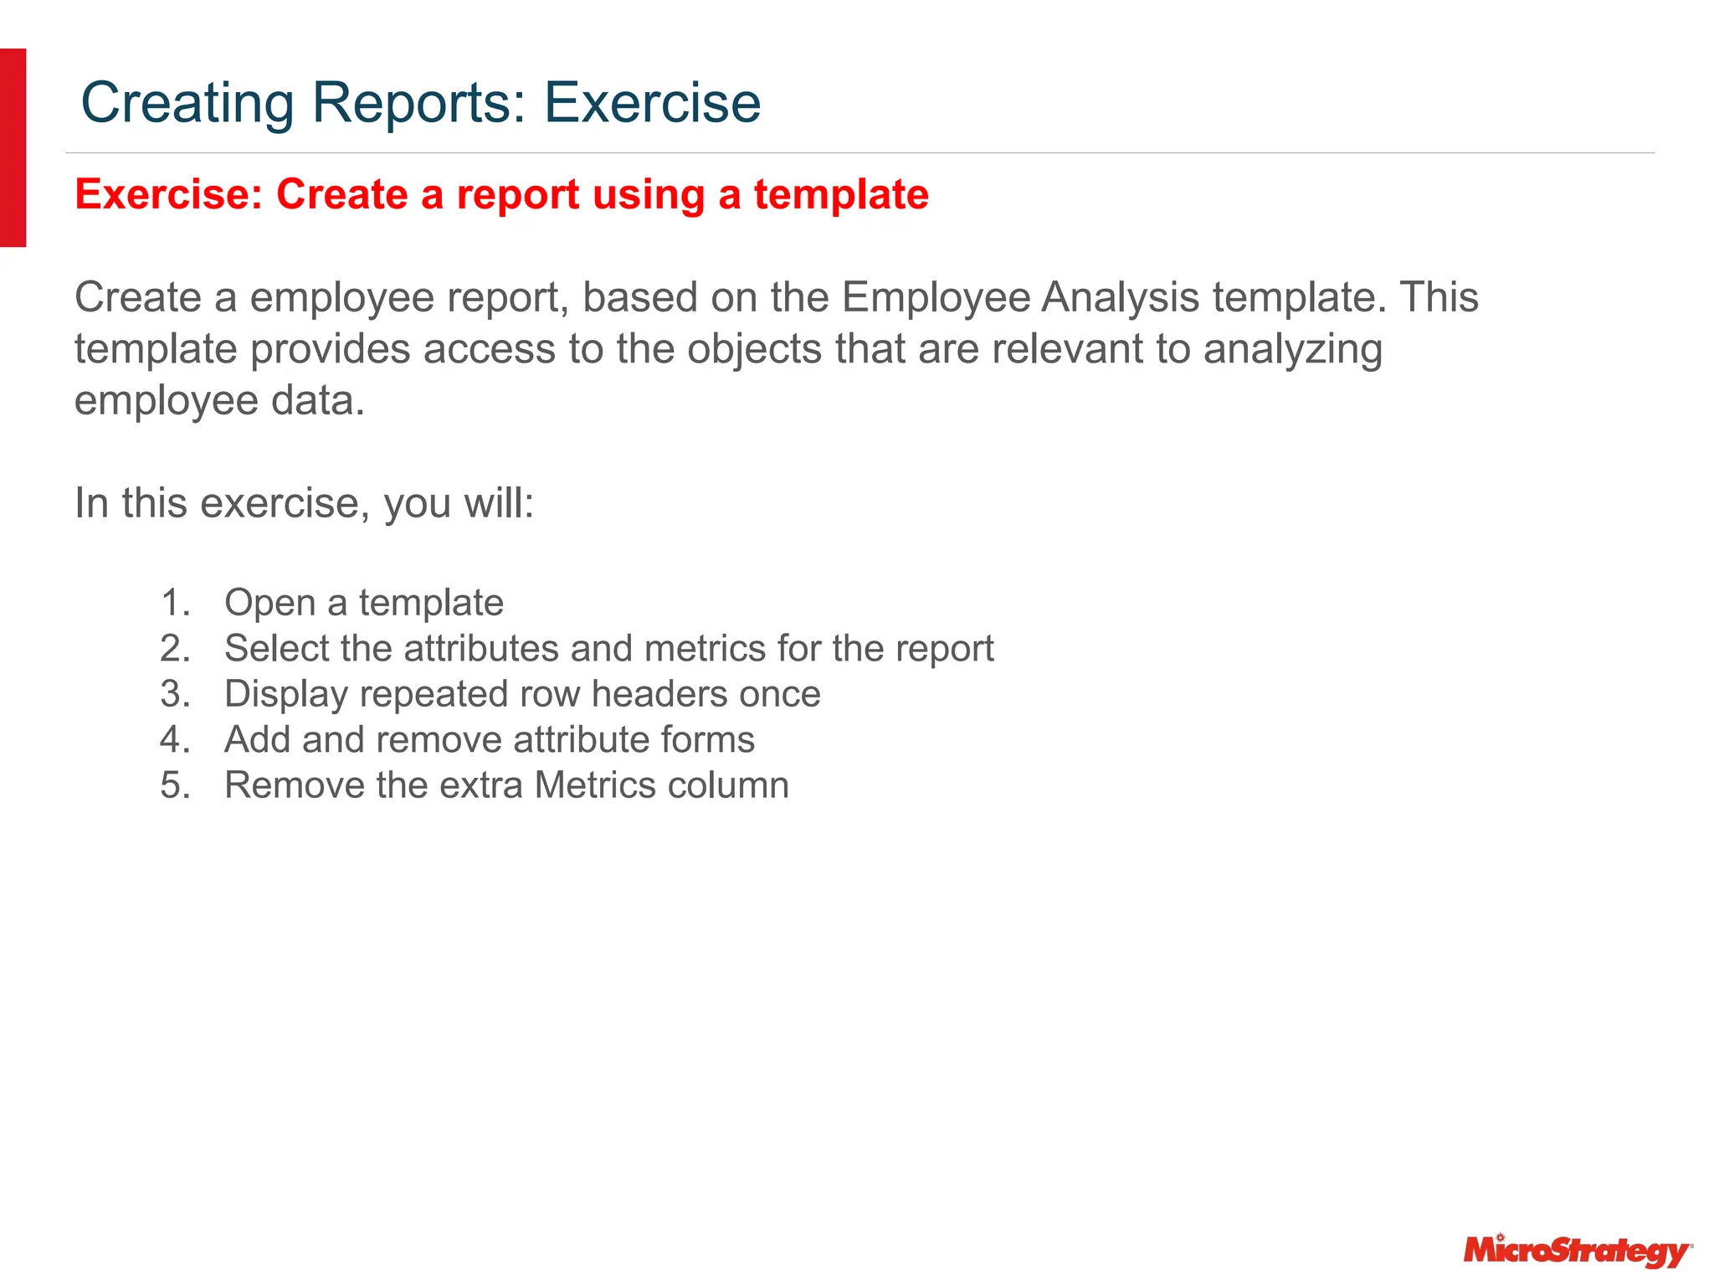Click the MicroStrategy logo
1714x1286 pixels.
click(1577, 1251)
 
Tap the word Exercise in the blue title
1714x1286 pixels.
click(652, 103)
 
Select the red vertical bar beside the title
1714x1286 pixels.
click(13, 147)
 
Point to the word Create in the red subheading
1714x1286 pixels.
click(341, 194)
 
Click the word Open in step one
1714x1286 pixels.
click(269, 603)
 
